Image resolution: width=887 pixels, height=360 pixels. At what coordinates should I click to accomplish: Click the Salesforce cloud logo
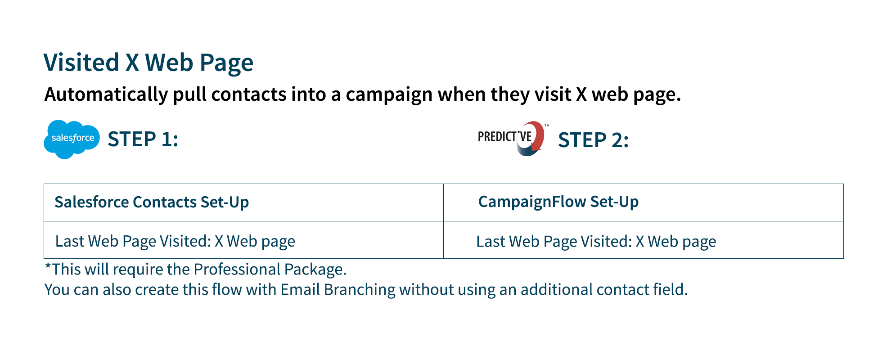click(x=72, y=139)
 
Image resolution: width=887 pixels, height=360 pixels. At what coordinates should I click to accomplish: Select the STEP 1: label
click(x=143, y=139)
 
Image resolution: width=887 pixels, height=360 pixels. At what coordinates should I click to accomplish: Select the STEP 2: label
click(x=593, y=140)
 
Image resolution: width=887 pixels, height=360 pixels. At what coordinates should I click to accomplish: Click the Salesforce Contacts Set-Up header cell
click(x=243, y=202)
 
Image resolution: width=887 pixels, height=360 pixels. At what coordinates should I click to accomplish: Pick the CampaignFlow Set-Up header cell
click(x=644, y=202)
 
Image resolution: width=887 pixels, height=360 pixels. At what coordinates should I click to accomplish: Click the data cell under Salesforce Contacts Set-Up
click(x=243, y=240)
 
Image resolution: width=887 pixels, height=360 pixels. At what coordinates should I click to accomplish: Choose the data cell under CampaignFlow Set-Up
click(x=644, y=240)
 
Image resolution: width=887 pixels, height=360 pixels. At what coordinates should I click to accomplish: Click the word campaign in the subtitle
click(x=389, y=95)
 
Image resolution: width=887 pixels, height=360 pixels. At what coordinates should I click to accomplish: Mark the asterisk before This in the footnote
click(x=48, y=265)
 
